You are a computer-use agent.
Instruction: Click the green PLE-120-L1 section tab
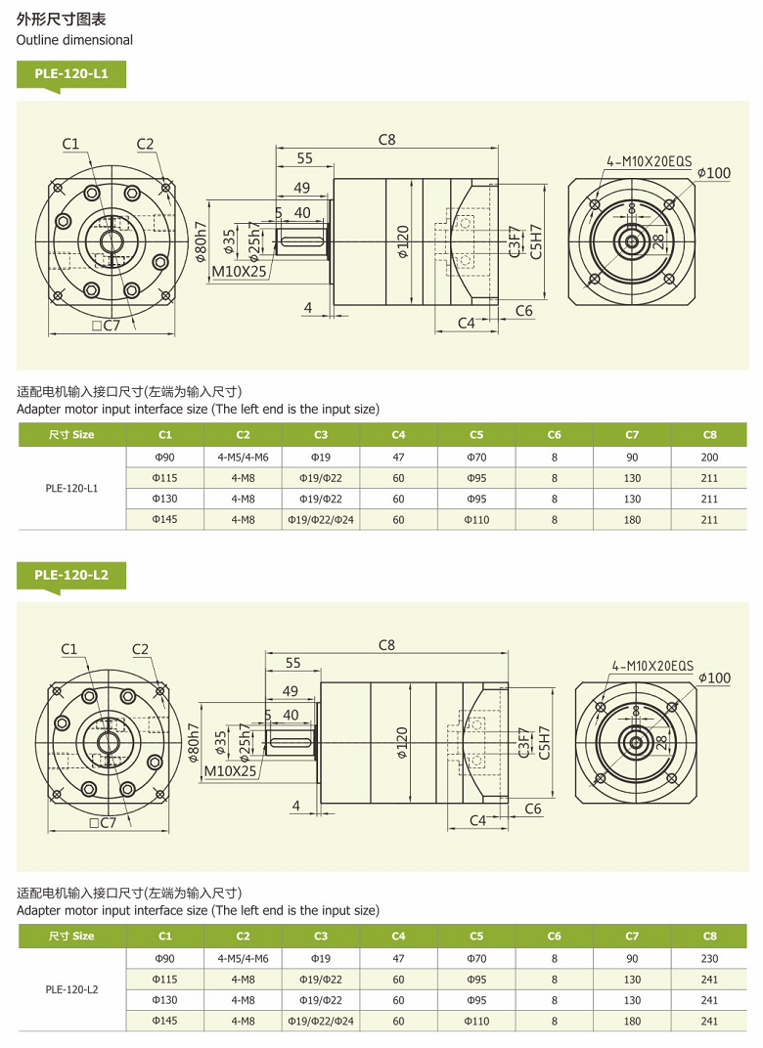[70, 73]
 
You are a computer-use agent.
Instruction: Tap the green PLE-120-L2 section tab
[70, 575]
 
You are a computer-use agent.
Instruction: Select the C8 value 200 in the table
[709, 457]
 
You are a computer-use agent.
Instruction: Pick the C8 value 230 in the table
[709, 958]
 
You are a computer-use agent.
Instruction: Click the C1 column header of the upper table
[164, 434]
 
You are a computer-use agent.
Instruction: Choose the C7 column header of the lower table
[632, 936]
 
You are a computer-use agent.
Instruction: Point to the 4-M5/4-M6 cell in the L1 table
[243, 457]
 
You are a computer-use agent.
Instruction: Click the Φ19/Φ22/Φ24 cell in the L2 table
[321, 1021]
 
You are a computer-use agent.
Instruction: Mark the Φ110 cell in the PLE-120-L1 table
[476, 520]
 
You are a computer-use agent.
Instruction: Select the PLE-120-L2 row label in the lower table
[71, 989]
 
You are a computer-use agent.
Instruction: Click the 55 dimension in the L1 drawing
[304, 158]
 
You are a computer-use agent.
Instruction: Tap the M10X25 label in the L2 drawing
[230, 770]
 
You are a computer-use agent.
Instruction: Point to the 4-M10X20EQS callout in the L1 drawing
[649, 161]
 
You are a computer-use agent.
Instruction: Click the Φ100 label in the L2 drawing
[714, 677]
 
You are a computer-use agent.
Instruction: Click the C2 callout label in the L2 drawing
[140, 649]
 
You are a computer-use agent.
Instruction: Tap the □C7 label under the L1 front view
[105, 326]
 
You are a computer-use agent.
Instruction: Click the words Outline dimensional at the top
[74, 40]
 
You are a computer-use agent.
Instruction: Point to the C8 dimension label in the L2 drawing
[386, 645]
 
